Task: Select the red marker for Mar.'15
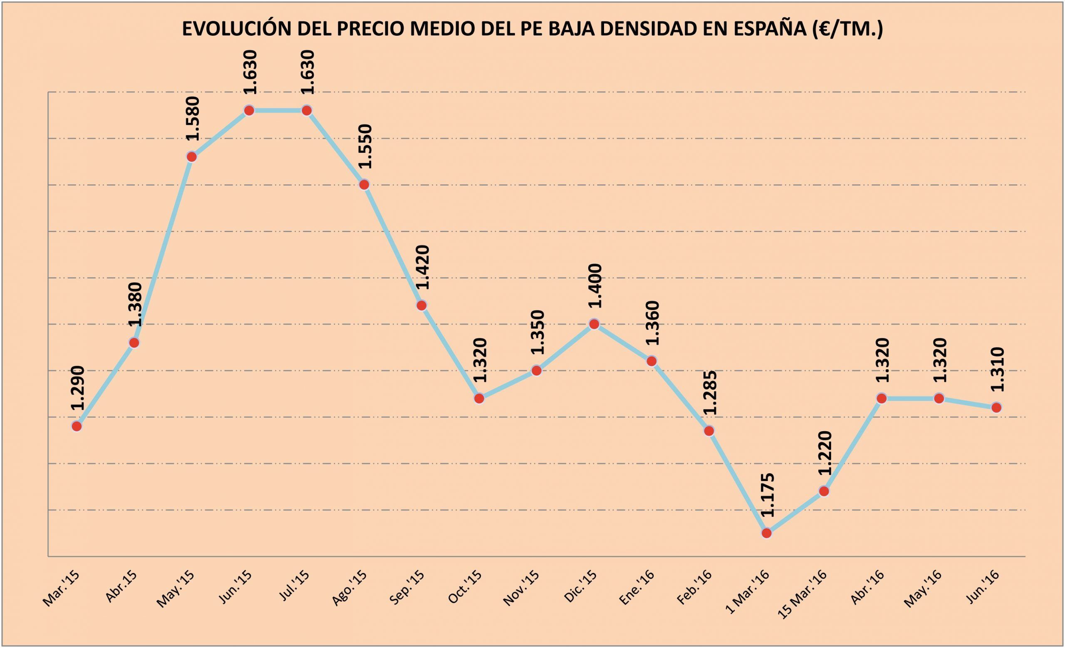pos(77,426)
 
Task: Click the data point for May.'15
pos(191,156)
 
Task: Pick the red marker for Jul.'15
pos(307,110)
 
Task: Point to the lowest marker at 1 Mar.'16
pos(766,533)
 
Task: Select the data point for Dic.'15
pos(594,324)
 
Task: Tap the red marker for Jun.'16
pos(996,407)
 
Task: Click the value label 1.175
pos(767,495)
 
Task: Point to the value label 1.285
pos(710,392)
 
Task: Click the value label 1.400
pos(595,286)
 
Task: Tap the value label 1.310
pos(997,370)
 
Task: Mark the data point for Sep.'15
pos(421,305)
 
